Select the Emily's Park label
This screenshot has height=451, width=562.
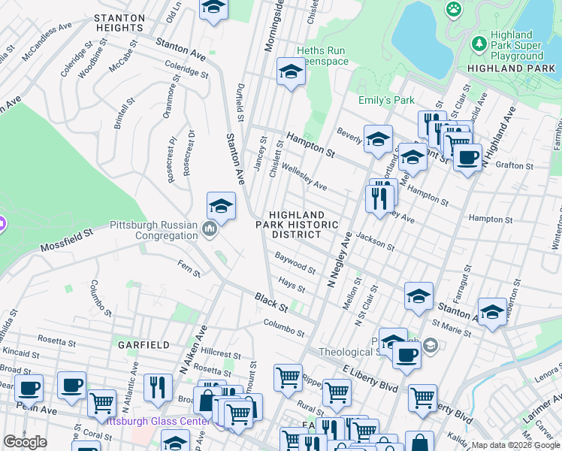coord(386,100)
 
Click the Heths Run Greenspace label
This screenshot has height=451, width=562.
coord(322,56)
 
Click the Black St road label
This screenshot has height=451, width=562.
coord(270,304)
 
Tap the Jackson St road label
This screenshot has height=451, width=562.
coord(376,241)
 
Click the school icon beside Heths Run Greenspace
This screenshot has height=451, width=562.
coord(290,72)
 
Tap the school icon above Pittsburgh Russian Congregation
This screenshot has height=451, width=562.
coord(221,205)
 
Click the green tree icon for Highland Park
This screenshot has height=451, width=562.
coord(479,44)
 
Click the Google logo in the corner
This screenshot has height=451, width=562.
coord(25,442)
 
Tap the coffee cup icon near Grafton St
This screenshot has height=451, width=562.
coord(467,157)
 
